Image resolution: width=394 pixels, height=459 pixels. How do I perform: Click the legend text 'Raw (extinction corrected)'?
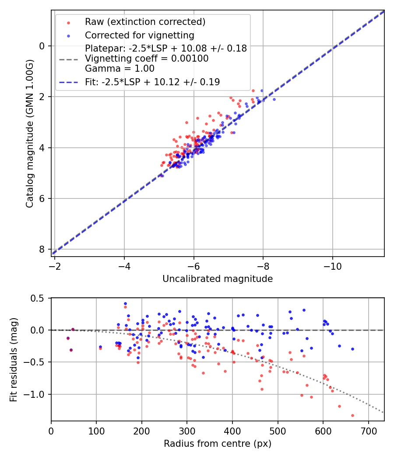[x=145, y=22]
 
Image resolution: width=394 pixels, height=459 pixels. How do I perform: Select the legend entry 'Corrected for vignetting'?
[x=140, y=35]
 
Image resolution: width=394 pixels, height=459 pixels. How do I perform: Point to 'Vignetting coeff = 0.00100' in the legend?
[x=147, y=58]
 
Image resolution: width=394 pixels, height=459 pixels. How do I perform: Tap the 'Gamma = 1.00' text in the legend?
[x=120, y=68]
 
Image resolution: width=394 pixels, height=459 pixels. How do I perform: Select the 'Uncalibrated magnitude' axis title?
[x=218, y=279]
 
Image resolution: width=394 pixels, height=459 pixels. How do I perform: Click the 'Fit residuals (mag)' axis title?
[x=14, y=359]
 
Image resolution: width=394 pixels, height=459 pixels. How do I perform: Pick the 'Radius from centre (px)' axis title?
[x=218, y=444]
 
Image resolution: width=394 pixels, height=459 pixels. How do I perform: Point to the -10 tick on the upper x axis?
[x=333, y=265]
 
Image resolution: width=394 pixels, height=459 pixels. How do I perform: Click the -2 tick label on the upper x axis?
[x=55, y=265]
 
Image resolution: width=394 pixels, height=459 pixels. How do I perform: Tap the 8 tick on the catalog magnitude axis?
[x=42, y=249]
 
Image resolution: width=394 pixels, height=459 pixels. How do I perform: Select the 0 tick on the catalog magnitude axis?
[x=42, y=46]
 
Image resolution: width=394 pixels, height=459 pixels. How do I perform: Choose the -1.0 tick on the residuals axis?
[x=36, y=394]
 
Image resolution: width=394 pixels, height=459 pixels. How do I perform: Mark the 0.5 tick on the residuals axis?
[x=38, y=298]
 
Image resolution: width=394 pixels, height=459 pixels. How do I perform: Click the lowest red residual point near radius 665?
[x=352, y=415]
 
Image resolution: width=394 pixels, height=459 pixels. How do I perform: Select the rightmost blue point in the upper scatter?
[x=274, y=99]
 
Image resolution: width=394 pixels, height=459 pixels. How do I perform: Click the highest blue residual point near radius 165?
[x=125, y=303]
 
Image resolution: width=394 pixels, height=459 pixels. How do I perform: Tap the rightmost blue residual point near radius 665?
[x=352, y=349]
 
